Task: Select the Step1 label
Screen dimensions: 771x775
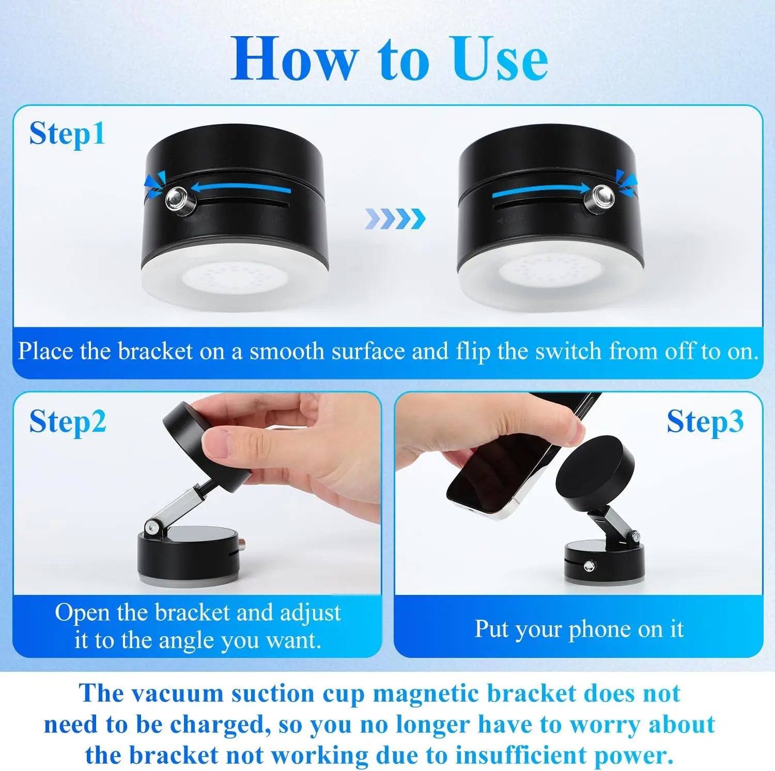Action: [67, 134]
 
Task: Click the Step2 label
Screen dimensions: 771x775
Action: [67, 421]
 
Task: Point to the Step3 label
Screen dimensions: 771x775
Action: [705, 421]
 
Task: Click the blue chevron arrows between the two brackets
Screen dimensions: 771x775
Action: [395, 219]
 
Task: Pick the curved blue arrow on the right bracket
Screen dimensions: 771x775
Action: [540, 192]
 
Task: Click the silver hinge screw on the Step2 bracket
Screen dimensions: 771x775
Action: [152, 527]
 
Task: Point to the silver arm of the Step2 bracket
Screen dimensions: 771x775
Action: [178, 506]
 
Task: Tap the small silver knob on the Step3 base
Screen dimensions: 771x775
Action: [588, 567]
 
